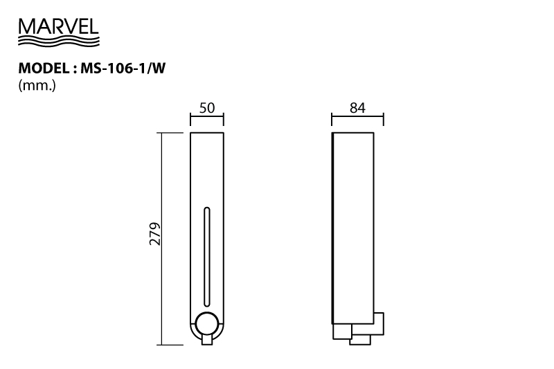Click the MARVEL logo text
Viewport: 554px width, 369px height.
click(x=58, y=26)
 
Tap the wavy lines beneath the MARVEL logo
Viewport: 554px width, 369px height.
click(x=59, y=40)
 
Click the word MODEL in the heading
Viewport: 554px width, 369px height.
click(x=44, y=68)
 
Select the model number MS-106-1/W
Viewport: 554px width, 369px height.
click(x=123, y=68)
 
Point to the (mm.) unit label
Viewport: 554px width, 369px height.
click(x=37, y=85)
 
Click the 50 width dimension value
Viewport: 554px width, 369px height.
click(x=207, y=108)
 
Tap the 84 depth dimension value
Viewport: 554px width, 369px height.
click(x=357, y=108)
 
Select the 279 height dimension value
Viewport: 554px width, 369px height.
click(x=154, y=234)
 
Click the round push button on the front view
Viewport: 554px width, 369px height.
click(x=207, y=323)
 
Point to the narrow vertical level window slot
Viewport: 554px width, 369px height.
click(x=207, y=257)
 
